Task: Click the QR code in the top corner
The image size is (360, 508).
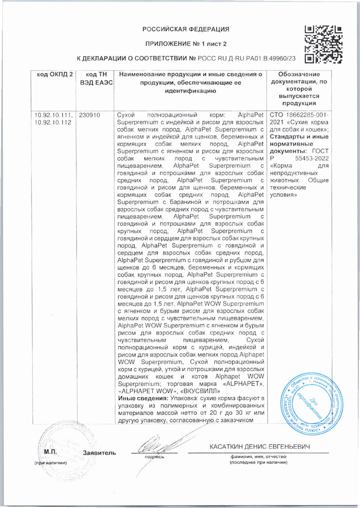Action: pyautogui.click(x=323, y=45)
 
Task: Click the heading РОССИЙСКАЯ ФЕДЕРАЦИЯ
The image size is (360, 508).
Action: pyautogui.click(x=186, y=29)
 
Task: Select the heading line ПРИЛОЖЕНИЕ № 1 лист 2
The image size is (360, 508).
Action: pyautogui.click(x=186, y=44)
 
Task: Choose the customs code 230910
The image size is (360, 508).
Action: pyautogui.click(x=90, y=115)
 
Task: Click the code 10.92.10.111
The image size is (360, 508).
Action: pyautogui.click(x=54, y=115)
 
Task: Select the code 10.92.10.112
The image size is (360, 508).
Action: pyautogui.click(x=53, y=123)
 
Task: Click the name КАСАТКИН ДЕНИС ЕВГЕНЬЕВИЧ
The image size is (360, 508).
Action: pyautogui.click(x=260, y=447)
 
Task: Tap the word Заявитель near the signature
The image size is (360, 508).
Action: pyautogui.click(x=99, y=453)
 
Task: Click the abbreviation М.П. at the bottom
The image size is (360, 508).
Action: pyautogui.click(x=51, y=452)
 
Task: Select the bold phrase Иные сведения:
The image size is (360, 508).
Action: pyautogui.click(x=143, y=398)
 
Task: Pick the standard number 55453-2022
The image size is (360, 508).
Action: pyautogui.click(x=312, y=159)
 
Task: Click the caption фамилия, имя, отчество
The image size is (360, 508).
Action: pyautogui.click(x=258, y=457)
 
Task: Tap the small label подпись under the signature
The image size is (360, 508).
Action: pyautogui.click(x=155, y=457)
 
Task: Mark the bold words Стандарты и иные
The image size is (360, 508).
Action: pyautogui.click(x=299, y=137)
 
